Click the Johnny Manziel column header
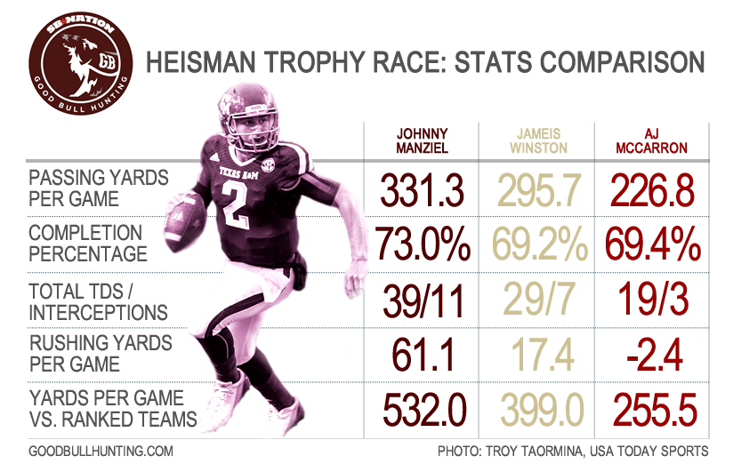point(423,140)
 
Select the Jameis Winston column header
point(539,140)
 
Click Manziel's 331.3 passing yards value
point(423,188)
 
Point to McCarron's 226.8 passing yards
point(654,188)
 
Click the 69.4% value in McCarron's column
point(655,244)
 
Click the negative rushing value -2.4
point(654,356)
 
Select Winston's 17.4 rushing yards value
point(539,356)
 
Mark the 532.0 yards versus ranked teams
point(423,410)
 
